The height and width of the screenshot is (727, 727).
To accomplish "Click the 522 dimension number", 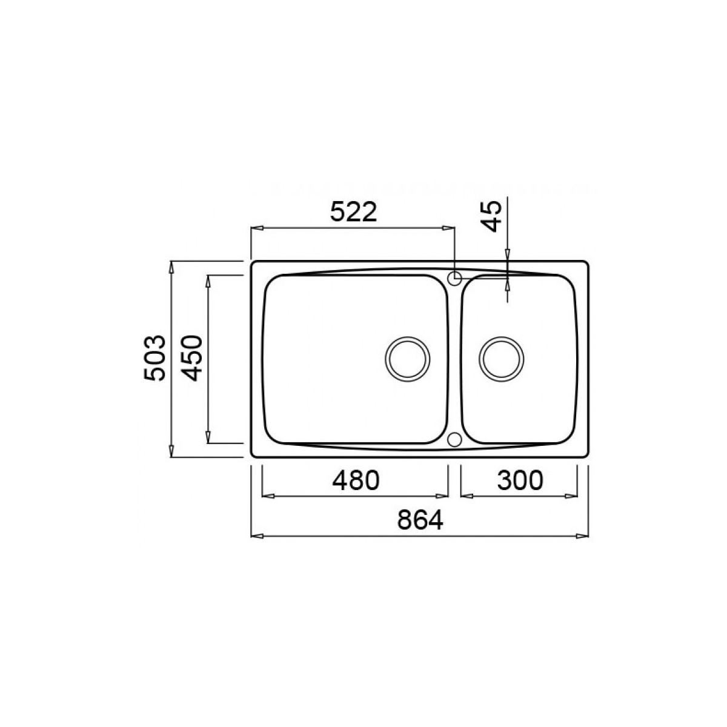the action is click(353, 213).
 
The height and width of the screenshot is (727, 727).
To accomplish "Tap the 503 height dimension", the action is click(154, 357).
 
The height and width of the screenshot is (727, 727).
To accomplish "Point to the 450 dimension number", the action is click(191, 358).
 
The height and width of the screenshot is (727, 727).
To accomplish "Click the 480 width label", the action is click(356, 480).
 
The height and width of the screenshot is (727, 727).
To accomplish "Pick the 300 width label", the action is click(520, 480).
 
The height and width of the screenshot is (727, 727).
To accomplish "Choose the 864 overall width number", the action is click(419, 520).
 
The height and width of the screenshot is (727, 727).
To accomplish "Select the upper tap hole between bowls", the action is click(454, 278).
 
